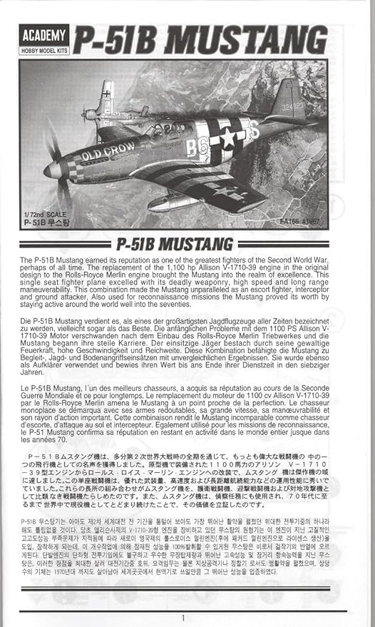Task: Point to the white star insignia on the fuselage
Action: [227, 138]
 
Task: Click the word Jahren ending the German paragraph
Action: [33, 371]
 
